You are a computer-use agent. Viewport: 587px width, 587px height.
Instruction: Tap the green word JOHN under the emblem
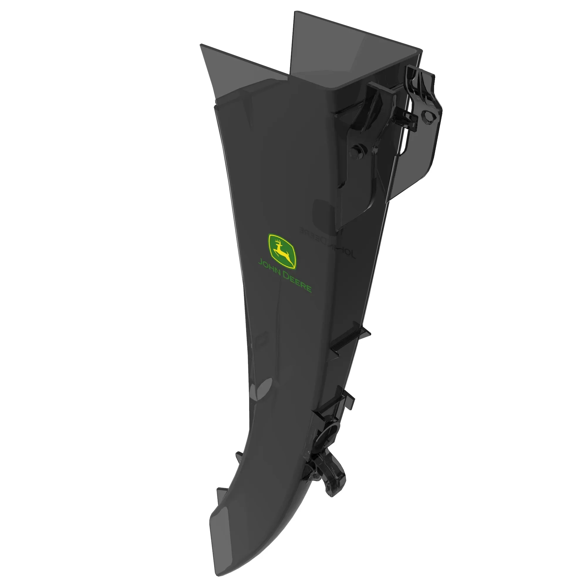(268, 268)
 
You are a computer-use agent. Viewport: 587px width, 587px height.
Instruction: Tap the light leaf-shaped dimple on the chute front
(261, 392)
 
